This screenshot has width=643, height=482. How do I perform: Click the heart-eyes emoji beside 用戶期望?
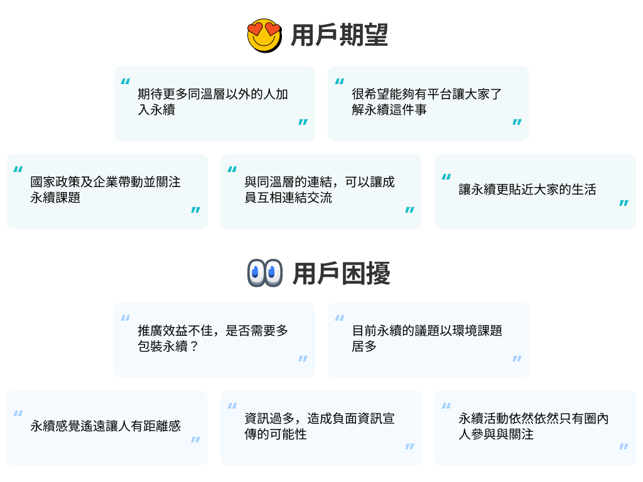[264, 35]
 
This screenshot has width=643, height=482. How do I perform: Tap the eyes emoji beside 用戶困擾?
[264, 273]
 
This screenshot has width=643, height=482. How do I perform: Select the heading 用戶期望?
[339, 36]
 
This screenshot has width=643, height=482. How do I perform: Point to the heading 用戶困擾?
[342, 274]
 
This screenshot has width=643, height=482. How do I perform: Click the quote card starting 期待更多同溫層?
[214, 104]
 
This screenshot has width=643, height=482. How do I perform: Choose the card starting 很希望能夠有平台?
[428, 104]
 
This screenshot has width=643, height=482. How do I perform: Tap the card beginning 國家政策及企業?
[107, 191]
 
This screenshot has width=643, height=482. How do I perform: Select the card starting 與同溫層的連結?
[321, 191]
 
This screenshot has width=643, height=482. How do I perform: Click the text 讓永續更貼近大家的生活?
[527, 190]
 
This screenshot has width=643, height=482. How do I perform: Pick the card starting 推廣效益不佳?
[214, 340]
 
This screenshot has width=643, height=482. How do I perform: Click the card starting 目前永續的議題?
[428, 340]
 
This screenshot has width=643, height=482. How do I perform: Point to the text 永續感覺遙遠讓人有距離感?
[105, 426]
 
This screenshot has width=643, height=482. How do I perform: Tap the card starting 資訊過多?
[321, 428]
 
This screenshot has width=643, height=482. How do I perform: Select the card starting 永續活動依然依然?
[535, 428]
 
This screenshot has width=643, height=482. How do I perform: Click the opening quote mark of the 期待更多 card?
[126, 81]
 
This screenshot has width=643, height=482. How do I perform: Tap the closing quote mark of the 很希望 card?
[517, 122]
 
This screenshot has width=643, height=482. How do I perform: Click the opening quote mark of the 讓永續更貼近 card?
[446, 177]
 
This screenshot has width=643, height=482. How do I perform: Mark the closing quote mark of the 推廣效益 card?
[303, 359]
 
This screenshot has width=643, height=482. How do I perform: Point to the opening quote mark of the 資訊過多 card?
[232, 406]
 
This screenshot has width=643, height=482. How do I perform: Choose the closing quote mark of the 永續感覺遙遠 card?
[195, 440]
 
